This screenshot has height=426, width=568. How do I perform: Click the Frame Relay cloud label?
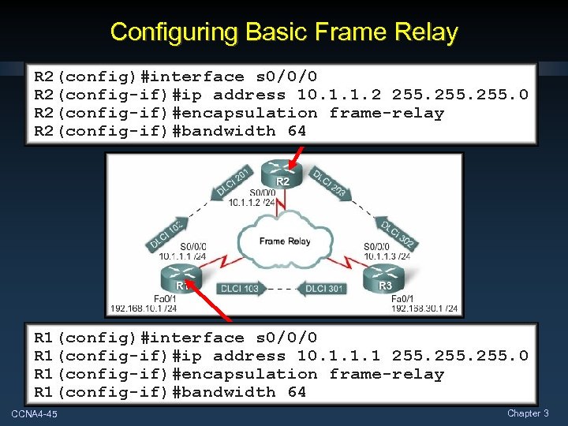284,241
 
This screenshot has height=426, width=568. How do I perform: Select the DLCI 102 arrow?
167,234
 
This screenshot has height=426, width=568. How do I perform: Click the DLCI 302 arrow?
398,234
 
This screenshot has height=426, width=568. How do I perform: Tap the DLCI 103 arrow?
239,289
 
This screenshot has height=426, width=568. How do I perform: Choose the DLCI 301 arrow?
324,289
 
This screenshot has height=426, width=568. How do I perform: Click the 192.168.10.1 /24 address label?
144,308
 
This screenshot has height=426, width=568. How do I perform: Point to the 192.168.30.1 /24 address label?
425,308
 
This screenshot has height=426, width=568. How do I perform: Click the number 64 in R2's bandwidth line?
297,131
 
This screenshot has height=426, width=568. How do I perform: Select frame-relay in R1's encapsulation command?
387,374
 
